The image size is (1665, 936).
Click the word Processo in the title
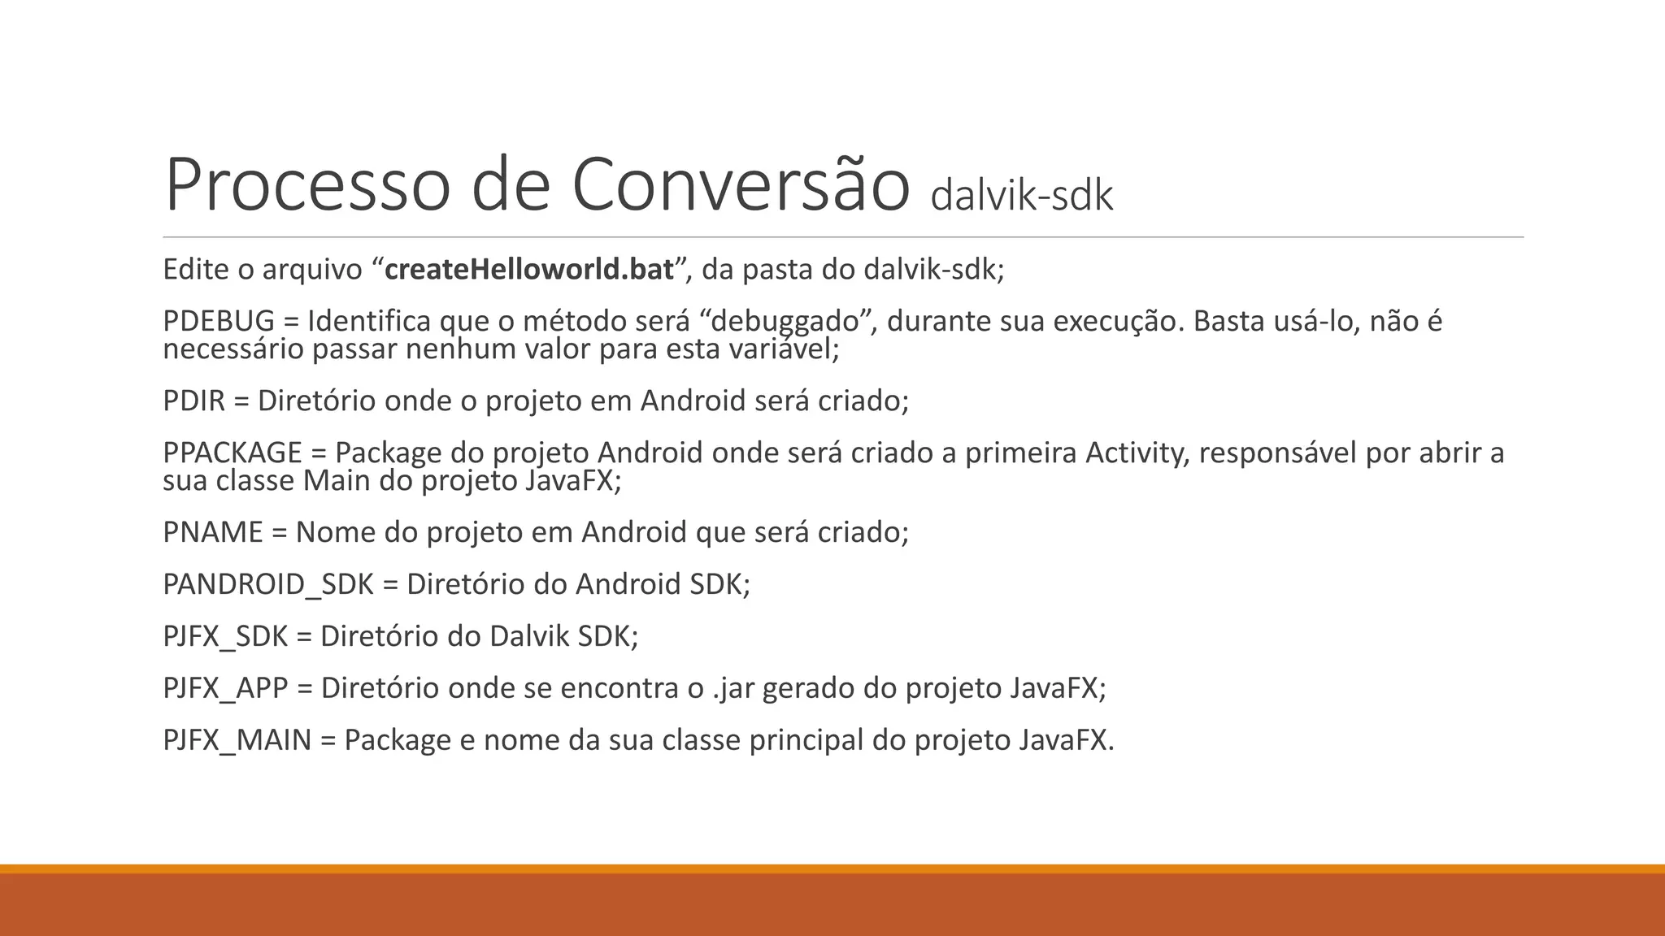tap(307, 185)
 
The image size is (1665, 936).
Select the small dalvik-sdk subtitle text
tap(1021, 196)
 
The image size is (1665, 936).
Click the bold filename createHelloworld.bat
tap(529, 269)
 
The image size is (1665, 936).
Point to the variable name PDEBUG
tap(219, 322)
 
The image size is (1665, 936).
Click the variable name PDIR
tap(193, 401)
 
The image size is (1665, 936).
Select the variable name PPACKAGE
tap(233, 453)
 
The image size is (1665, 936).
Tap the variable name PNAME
tap(213, 532)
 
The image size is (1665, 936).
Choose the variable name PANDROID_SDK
tap(268, 584)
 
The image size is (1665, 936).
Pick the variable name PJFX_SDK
tap(225, 636)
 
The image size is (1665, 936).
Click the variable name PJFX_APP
tap(226, 688)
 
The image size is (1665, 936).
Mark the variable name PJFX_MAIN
tap(237, 740)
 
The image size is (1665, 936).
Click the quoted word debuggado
tap(785, 322)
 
